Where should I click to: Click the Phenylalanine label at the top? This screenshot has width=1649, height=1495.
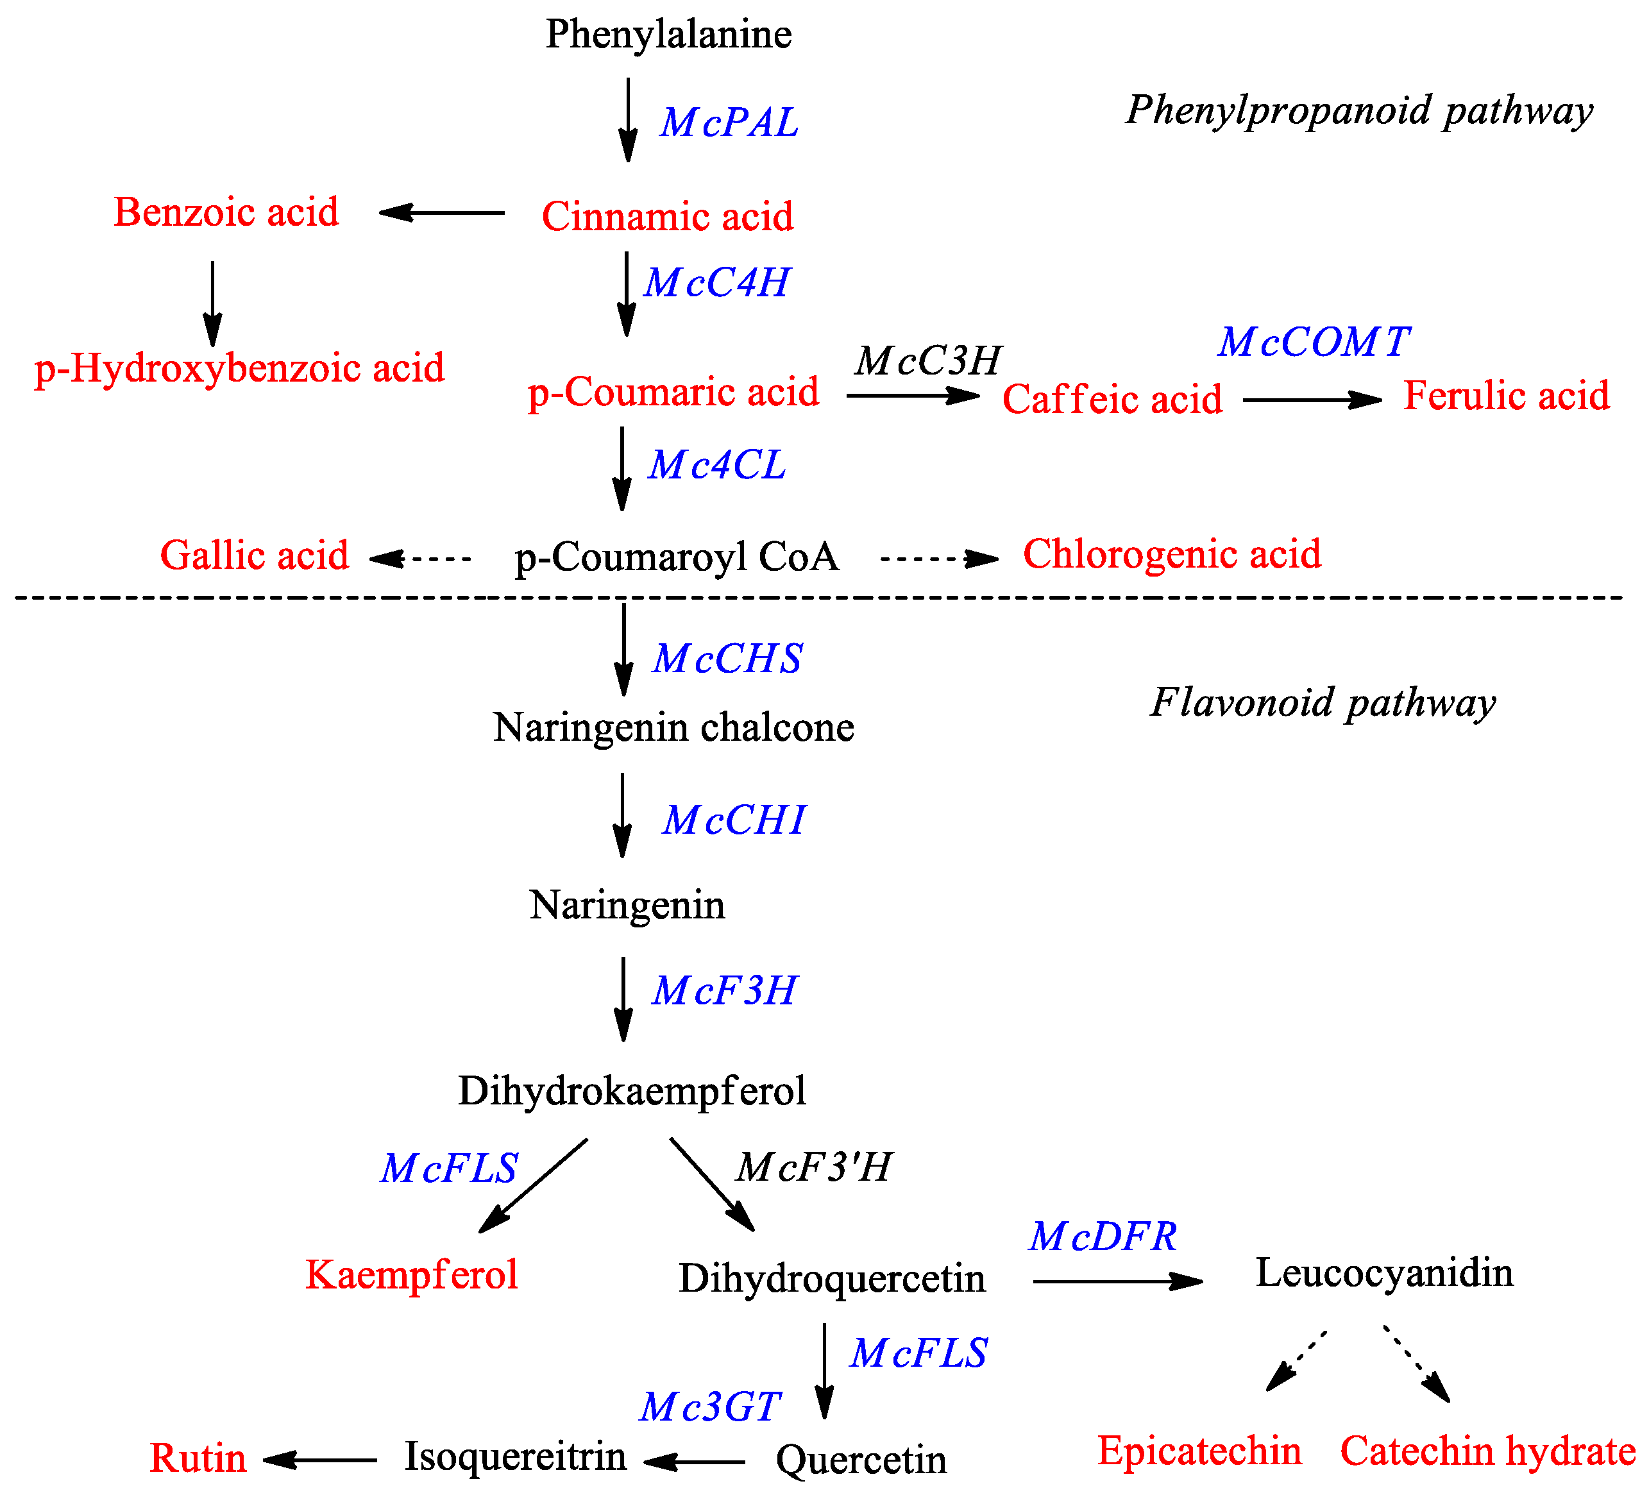click(668, 35)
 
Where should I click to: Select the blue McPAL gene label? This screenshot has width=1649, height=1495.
click(729, 122)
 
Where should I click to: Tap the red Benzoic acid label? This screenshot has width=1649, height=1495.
click(226, 212)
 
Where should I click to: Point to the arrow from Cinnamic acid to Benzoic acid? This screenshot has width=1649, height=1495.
click(442, 213)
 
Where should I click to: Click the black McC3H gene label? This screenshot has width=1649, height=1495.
click(927, 360)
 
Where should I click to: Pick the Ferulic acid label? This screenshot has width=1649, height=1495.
click(1506, 395)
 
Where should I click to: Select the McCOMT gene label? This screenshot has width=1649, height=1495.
click(1314, 341)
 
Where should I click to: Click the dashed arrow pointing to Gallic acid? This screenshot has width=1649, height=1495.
click(421, 559)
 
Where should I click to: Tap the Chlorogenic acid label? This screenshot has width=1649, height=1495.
click(1171, 553)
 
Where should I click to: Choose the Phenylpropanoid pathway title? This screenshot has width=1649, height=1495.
click(1358, 110)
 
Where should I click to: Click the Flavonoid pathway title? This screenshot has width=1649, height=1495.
click(1323, 702)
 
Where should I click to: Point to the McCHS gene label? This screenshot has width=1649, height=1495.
click(727, 659)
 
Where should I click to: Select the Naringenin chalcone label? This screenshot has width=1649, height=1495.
click(673, 727)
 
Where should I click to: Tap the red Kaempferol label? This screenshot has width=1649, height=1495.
click(411, 1274)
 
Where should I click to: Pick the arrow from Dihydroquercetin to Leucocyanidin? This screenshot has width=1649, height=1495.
click(1117, 1281)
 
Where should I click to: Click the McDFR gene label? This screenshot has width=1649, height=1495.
click(1103, 1236)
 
